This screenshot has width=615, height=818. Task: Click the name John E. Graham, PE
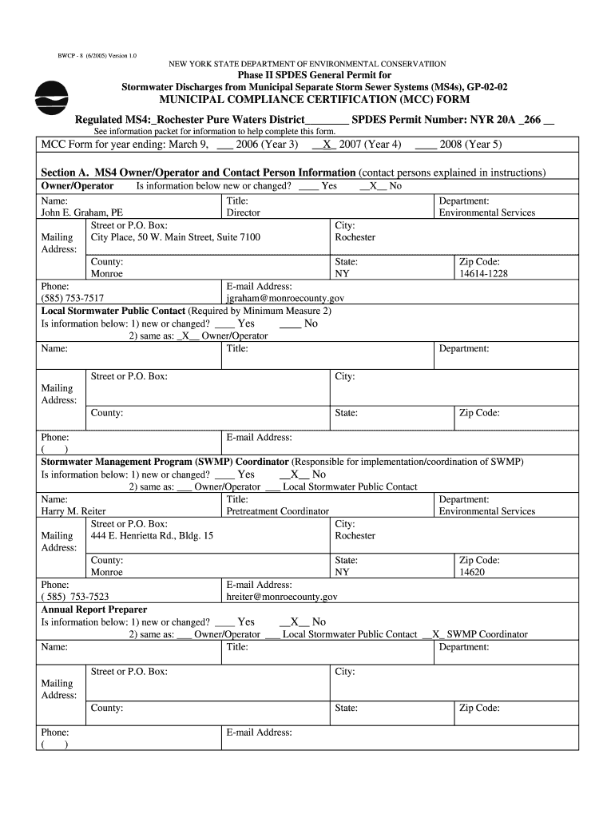pos(81,213)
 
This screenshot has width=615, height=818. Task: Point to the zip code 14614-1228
pos(483,274)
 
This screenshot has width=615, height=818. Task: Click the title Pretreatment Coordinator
pos(277,511)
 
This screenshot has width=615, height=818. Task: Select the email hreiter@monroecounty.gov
pos(282,597)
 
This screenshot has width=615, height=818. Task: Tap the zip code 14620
pos(471,572)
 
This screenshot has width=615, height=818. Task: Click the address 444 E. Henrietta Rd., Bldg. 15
pos(152,536)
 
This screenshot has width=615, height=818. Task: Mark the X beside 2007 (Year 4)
pos(327,145)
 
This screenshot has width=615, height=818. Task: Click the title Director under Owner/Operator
pos(244,213)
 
